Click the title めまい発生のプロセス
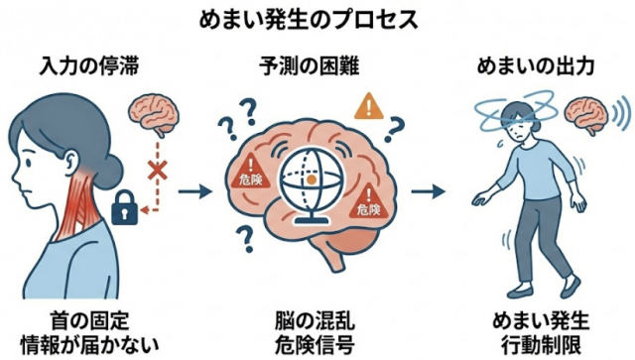[x=317, y=19]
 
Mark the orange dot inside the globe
[x=313, y=180]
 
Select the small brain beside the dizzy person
[x=585, y=118]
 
